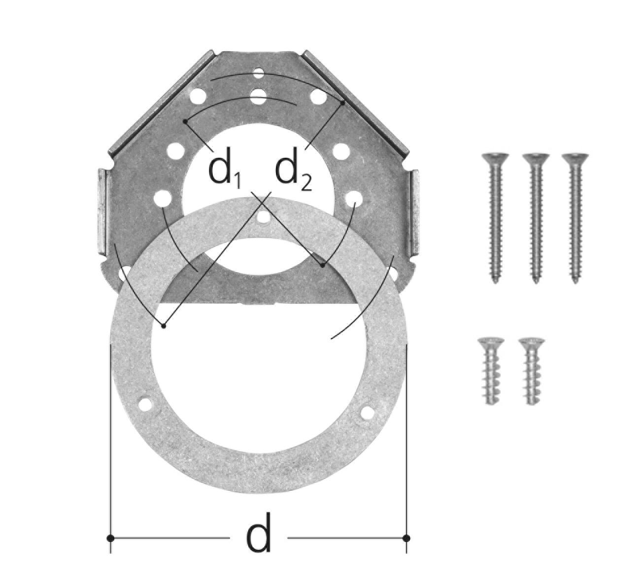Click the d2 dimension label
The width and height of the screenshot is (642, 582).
293,173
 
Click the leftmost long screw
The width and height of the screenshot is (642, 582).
495,218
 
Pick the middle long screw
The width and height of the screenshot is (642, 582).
535,218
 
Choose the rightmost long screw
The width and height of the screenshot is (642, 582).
575,218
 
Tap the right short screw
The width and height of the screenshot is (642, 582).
531,372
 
